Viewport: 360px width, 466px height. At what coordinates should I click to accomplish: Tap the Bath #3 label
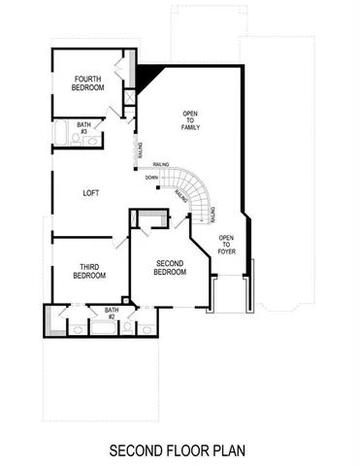tap(83, 127)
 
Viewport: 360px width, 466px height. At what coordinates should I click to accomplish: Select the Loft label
tap(91, 192)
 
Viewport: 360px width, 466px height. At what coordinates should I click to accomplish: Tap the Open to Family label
tap(190, 121)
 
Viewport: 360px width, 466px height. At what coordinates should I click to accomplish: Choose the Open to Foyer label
tap(226, 243)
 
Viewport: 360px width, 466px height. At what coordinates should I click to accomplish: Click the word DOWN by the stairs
tap(151, 178)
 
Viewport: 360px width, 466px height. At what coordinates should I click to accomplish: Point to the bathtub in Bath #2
tap(102, 327)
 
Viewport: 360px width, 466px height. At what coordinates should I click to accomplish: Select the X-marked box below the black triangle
tap(128, 97)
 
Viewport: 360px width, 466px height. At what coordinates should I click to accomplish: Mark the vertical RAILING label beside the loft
tap(141, 151)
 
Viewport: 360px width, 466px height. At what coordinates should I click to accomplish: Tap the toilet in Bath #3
tap(88, 144)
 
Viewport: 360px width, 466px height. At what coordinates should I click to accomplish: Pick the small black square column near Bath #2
tap(124, 300)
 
